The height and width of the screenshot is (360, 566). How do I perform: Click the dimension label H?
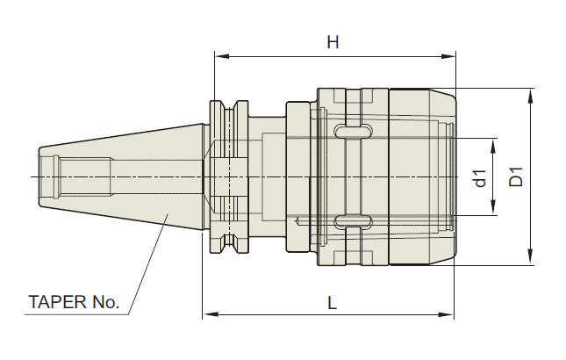pos(333,42)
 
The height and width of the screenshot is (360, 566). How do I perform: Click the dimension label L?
pos(333,303)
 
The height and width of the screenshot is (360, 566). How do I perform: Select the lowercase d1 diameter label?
pos(480,177)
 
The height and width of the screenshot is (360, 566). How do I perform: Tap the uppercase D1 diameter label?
pos(516,176)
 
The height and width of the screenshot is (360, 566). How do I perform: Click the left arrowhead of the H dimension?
pos(220,56)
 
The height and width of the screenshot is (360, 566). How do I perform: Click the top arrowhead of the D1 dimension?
pos(531,94)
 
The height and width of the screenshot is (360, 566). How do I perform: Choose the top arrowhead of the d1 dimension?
pos(495,143)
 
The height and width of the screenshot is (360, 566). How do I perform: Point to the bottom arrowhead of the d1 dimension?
pos(495,210)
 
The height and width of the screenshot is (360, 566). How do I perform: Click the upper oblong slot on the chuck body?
pos(353,132)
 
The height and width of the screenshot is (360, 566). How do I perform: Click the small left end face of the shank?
pos(39,176)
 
